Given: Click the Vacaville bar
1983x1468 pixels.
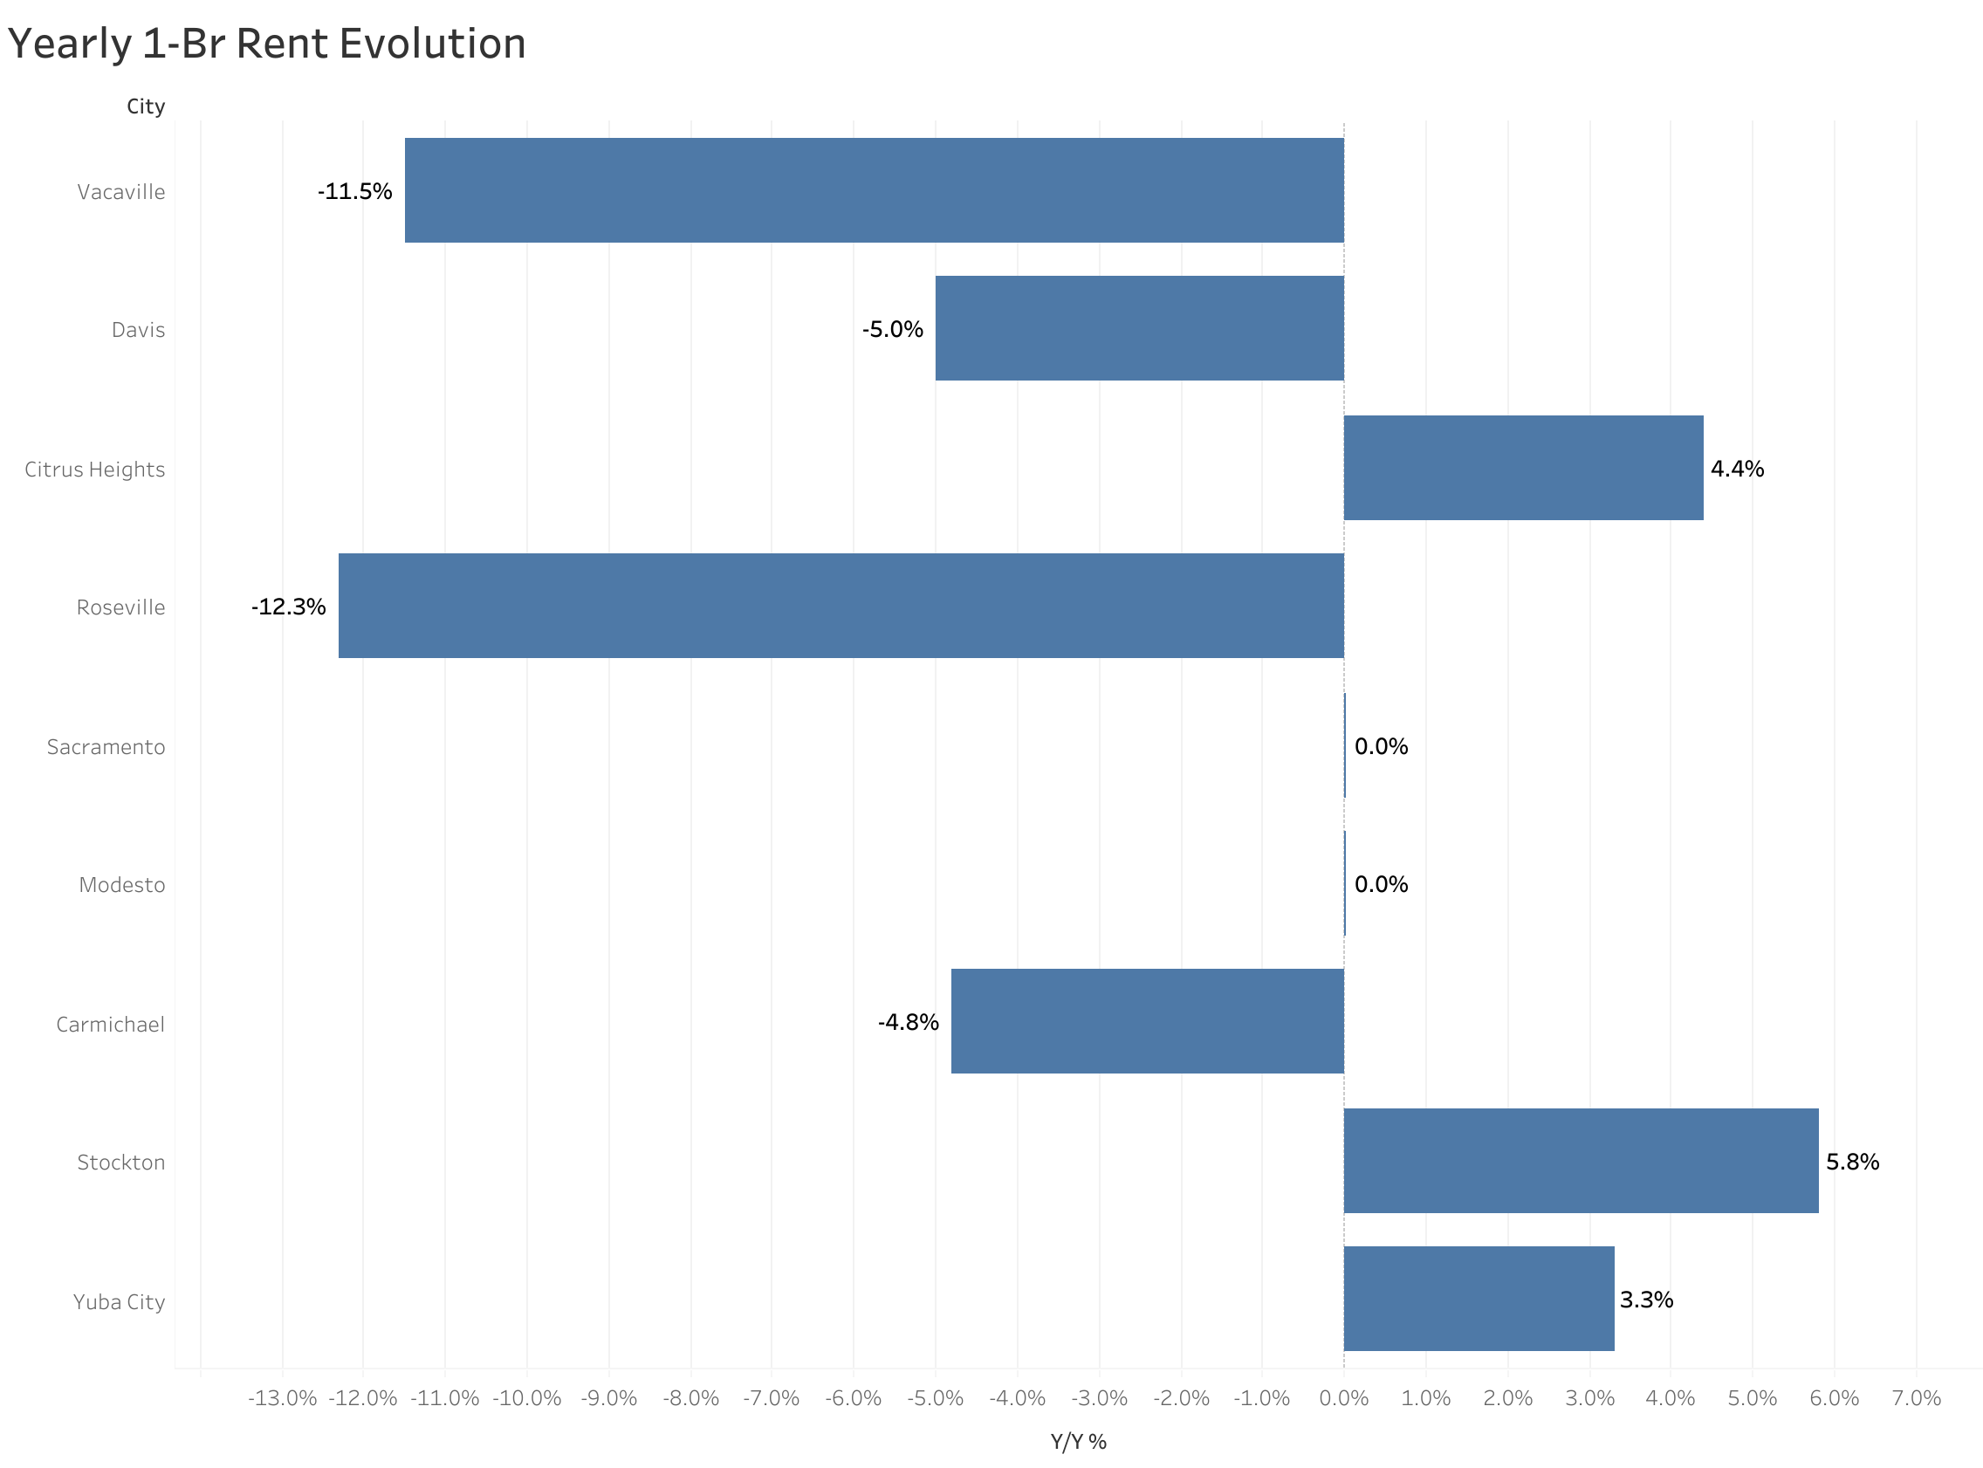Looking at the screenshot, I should tap(875, 190).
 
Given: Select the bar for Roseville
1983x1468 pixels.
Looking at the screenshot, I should tap(841, 606).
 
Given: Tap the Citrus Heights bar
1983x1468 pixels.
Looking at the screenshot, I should tap(1523, 468).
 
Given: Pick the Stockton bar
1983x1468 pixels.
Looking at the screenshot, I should tap(1581, 1161).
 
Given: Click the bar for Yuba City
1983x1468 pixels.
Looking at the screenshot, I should tap(1479, 1299).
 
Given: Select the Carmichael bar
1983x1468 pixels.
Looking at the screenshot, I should tap(1147, 1021).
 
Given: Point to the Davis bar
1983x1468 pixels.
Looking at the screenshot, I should tap(1139, 328).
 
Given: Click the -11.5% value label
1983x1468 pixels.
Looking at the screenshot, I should tap(354, 191).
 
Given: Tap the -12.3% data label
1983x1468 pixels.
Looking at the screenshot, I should tap(288, 607).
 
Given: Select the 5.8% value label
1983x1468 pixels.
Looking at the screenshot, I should tap(1851, 1162).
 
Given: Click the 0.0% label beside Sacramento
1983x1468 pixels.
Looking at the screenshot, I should tap(1381, 746).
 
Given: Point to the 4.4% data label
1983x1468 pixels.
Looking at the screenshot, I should tap(1737, 469).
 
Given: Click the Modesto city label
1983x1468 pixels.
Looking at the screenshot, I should tap(121, 885).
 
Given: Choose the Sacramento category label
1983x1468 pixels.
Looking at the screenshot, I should tap(106, 746).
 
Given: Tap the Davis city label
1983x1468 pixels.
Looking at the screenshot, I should tap(138, 330).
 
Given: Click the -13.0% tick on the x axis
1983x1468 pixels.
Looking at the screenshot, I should tap(282, 1398).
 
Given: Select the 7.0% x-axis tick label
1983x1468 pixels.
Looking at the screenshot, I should tap(1916, 1398).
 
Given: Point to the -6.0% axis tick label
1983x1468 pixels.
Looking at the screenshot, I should tap(853, 1398).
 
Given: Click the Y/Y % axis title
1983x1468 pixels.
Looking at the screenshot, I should tap(1078, 1441).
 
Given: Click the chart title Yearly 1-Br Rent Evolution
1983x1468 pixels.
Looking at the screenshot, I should tap(266, 44).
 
